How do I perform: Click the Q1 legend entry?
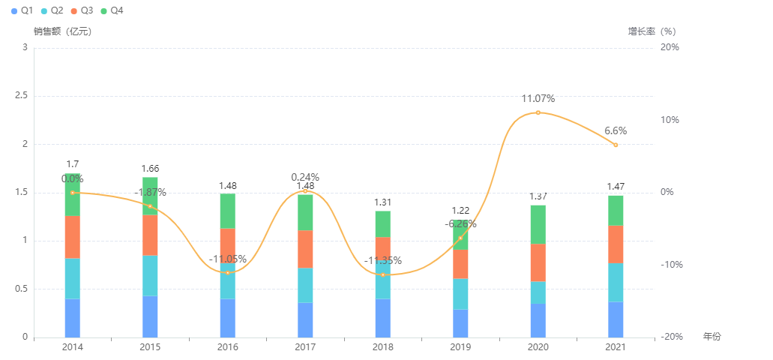[22, 10]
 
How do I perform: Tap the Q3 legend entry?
[82, 10]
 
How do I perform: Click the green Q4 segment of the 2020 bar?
[538, 224]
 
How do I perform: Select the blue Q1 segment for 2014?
[72, 318]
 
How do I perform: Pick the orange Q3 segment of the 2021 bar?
[616, 244]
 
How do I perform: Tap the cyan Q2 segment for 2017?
[305, 285]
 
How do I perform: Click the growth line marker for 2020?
[538, 112]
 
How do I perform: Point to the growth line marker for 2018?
[382, 274]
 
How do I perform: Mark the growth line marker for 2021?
[616, 145]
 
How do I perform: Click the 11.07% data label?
[538, 98]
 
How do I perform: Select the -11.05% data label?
[228, 259]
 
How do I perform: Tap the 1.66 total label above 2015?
[150, 169]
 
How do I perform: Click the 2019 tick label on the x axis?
[460, 347]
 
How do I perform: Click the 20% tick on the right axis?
[669, 47]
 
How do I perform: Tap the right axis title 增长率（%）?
[652, 31]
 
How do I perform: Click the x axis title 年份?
[712, 337]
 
